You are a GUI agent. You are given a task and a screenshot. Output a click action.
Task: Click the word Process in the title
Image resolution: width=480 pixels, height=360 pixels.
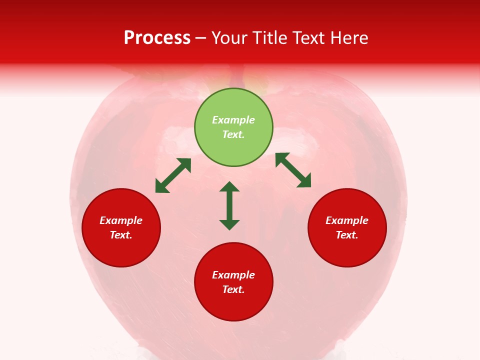157,38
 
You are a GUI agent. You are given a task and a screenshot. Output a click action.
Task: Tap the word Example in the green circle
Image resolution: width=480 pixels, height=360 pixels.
233,120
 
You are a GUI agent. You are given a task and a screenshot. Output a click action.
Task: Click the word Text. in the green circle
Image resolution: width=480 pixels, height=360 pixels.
233,134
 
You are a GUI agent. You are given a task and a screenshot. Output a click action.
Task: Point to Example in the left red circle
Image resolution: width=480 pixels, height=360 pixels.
121,220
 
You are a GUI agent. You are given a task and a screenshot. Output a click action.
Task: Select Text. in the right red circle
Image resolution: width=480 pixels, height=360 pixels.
347,235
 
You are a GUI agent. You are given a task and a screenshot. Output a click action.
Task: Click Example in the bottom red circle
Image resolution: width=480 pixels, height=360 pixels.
233,275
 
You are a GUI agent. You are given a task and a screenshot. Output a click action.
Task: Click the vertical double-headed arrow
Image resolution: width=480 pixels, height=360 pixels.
229,205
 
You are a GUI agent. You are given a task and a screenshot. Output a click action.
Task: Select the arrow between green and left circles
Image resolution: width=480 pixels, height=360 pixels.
173,175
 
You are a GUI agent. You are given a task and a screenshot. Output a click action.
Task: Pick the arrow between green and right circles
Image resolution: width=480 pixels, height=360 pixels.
293,170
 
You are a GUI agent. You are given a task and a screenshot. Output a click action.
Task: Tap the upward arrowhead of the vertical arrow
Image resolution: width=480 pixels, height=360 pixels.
229,186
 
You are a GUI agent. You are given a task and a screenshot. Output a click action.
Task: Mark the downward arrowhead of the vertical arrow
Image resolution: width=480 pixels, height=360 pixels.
229,224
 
